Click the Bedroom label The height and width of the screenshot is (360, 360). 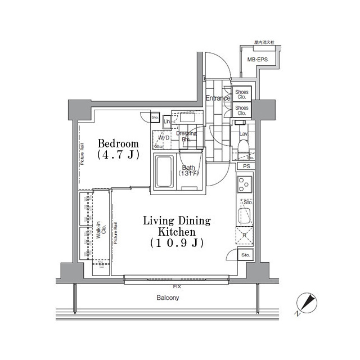coord(118,143)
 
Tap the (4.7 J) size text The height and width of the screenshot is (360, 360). coord(118,155)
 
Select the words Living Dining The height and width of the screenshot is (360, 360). coord(177,220)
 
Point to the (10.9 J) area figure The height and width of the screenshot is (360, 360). coord(177,243)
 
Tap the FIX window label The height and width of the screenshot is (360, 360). coord(178,286)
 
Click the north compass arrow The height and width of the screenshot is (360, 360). coord(307,304)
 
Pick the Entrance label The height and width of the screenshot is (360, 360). coord(217,98)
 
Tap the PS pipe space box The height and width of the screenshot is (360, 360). coord(246,166)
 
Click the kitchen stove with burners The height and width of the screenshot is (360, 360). coord(245,183)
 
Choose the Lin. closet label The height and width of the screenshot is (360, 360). coord(167,122)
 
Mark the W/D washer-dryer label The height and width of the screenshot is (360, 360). coord(164,138)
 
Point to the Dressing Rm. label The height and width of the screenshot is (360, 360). coord(186,137)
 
